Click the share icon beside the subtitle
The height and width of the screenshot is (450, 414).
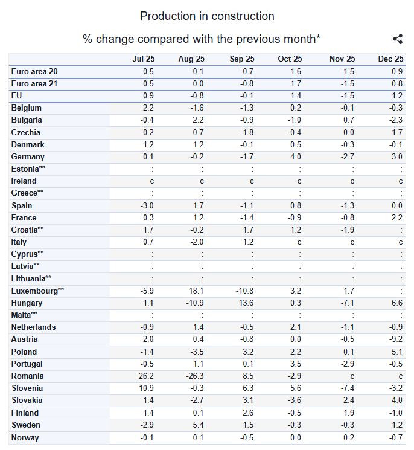click(x=398, y=39)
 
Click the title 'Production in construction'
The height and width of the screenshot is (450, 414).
click(x=207, y=16)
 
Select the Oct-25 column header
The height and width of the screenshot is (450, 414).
click(x=290, y=59)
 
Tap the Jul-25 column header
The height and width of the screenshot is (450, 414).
click(x=144, y=59)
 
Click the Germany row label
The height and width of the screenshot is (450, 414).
click(x=28, y=156)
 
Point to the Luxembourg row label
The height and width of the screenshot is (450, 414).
click(x=37, y=291)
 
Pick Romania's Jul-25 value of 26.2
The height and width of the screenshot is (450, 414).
click(x=146, y=376)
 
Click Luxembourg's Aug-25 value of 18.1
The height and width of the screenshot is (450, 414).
click(x=196, y=291)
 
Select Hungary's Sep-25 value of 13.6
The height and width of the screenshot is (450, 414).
click(x=246, y=303)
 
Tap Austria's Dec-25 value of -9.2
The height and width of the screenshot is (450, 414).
click(x=396, y=339)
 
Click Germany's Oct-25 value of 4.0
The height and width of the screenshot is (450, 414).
click(x=296, y=156)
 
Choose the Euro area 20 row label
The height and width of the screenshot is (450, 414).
click(x=34, y=71)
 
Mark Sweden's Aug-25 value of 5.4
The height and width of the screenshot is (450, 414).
click(x=198, y=425)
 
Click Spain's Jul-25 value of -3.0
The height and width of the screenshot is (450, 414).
click(x=147, y=205)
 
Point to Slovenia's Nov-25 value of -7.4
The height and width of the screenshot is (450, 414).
click(x=347, y=388)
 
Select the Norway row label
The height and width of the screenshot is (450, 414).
click(x=25, y=438)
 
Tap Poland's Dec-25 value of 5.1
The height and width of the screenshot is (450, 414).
click(x=397, y=352)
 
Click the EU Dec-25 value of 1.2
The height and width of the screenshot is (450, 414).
click(x=397, y=95)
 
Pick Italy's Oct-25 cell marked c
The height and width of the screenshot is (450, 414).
click(x=299, y=242)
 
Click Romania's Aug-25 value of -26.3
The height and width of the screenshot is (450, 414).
click(x=195, y=376)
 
